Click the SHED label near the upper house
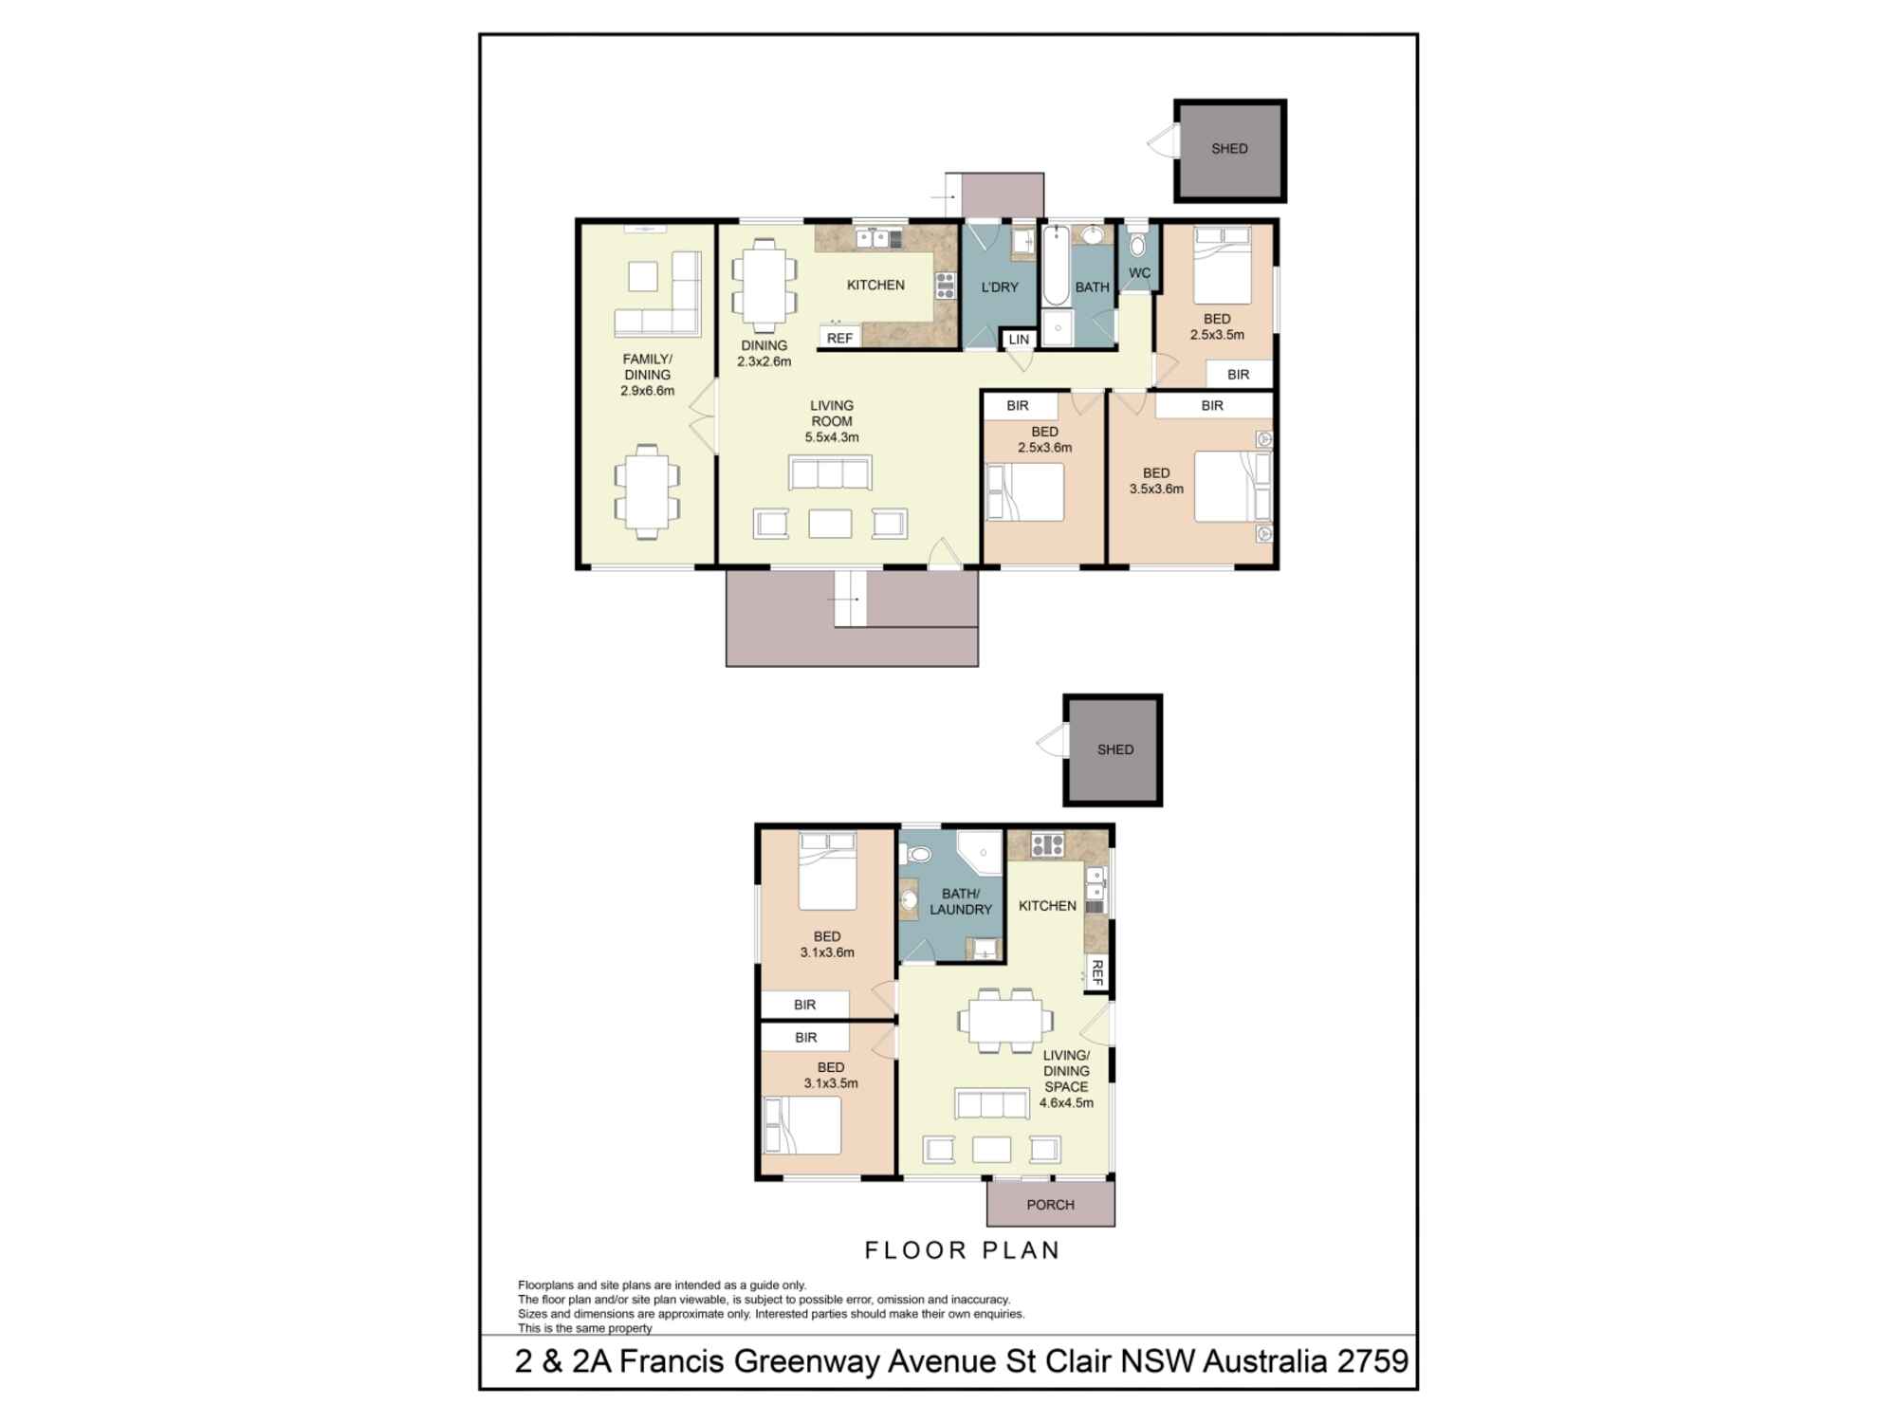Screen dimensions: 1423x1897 pyautogui.click(x=1229, y=149)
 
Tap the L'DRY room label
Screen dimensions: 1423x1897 pyautogui.click(x=999, y=287)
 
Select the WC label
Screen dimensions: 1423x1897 pyautogui.click(x=1139, y=273)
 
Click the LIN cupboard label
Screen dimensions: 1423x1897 pyautogui.click(x=1019, y=340)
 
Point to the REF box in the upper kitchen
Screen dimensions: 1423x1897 pyautogui.click(x=839, y=338)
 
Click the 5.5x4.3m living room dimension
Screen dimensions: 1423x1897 pyautogui.click(x=832, y=437)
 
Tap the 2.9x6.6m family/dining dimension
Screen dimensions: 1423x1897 pyautogui.click(x=647, y=390)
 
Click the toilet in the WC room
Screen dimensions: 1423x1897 pyautogui.click(x=1137, y=246)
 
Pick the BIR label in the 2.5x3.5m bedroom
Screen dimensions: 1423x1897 pyautogui.click(x=1238, y=375)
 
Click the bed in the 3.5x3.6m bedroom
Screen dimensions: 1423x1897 pyautogui.click(x=1231, y=487)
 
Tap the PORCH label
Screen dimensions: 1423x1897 pyautogui.click(x=1050, y=1205)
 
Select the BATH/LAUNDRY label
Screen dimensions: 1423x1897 pyautogui.click(x=960, y=901)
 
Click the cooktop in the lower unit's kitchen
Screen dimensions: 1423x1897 pyautogui.click(x=1046, y=844)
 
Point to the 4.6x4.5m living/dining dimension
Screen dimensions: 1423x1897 pyautogui.click(x=1066, y=1103)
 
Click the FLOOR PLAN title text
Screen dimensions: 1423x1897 pyautogui.click(x=962, y=1250)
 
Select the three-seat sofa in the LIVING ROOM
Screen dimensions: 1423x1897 pyautogui.click(x=830, y=473)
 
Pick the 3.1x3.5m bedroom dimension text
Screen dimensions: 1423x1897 pyautogui.click(x=830, y=1083)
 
